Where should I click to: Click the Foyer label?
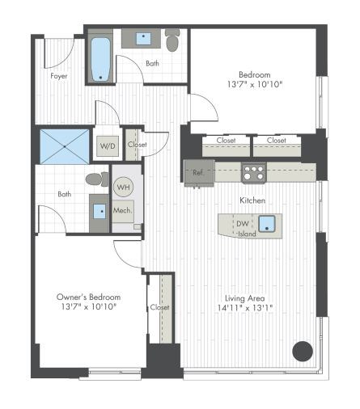point(59,77)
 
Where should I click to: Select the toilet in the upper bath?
point(172,40)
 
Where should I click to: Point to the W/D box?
point(107,147)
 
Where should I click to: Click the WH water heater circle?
point(123,188)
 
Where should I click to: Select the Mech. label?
point(122,210)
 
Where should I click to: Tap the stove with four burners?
point(253,172)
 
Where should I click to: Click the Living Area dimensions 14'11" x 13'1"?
point(248,308)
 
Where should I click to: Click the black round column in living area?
point(302,350)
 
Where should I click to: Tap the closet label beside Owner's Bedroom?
point(160,307)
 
